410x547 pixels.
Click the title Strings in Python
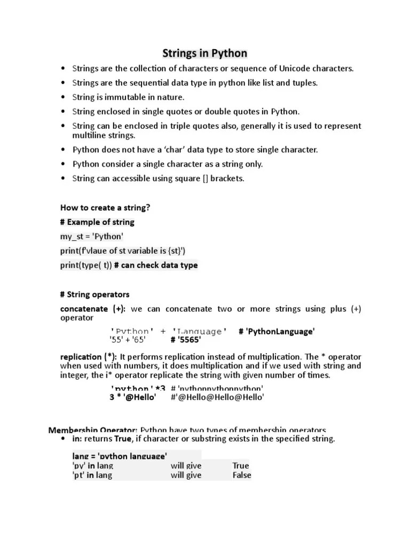pyautogui.click(x=204, y=53)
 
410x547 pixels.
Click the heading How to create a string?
pyautogui.click(x=105, y=208)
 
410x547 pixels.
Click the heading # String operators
pyautogui.click(x=94, y=294)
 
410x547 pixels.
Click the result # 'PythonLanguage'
pyautogui.click(x=277, y=332)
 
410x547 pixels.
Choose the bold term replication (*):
pyautogui.click(x=89, y=357)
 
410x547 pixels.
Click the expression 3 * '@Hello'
pyautogui.click(x=132, y=397)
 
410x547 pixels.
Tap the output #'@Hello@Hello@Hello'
pyautogui.click(x=217, y=397)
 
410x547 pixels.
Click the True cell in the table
pyautogui.click(x=241, y=466)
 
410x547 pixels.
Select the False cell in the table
pyautogui.click(x=242, y=475)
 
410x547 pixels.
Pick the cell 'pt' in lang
pyautogui.click(x=92, y=475)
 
